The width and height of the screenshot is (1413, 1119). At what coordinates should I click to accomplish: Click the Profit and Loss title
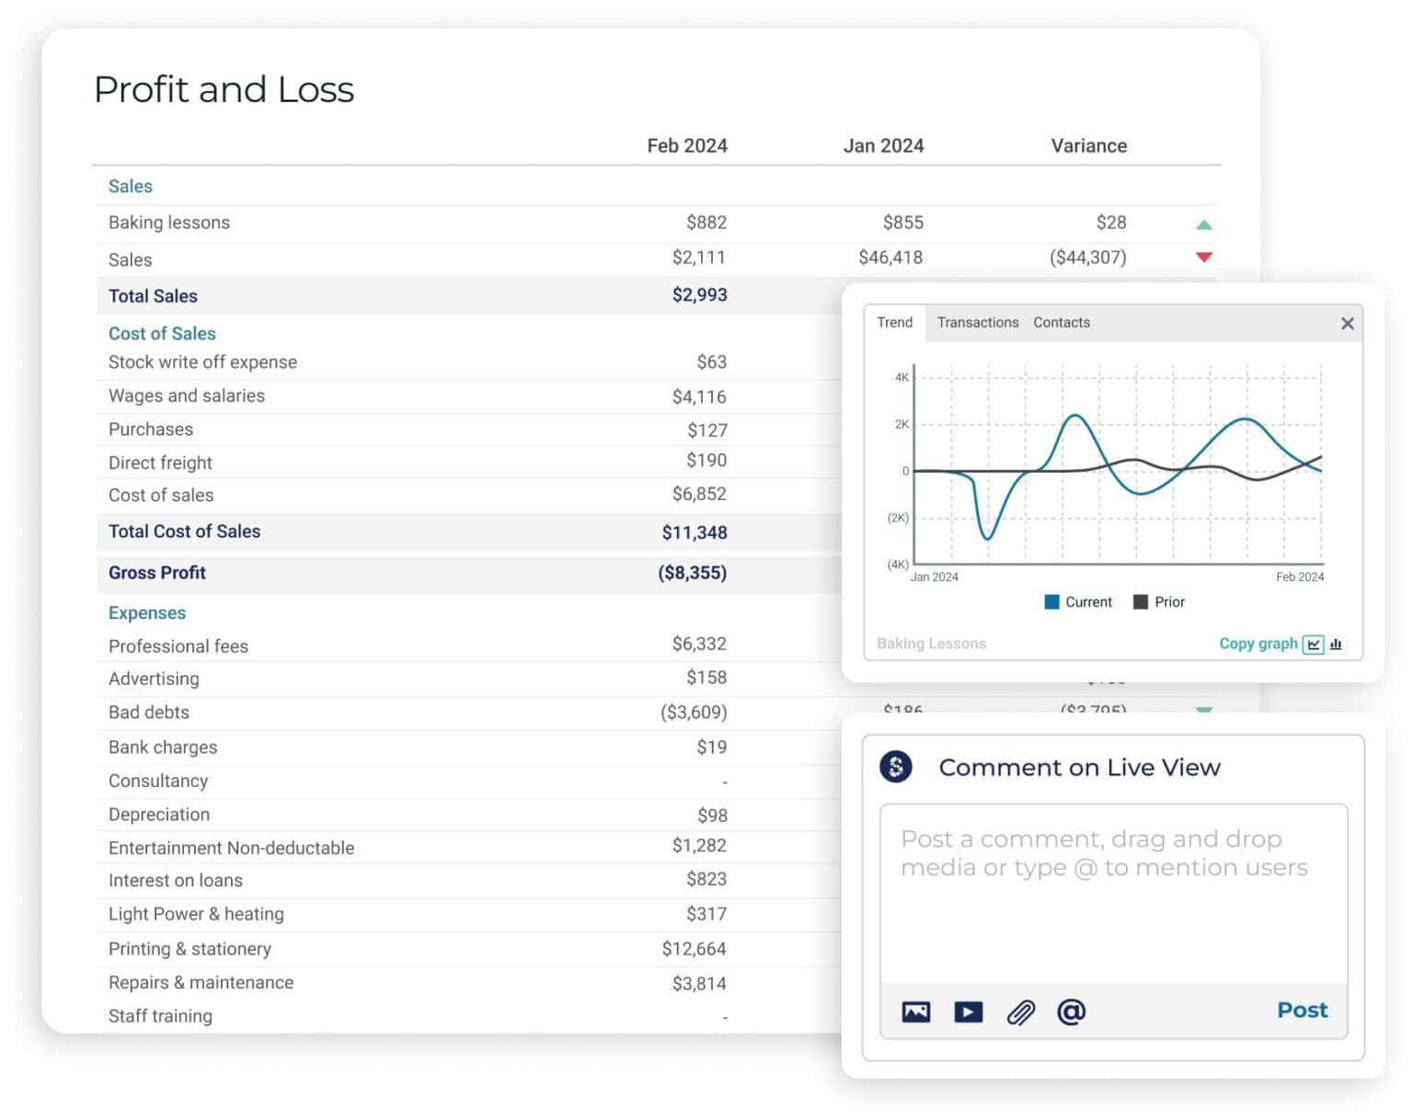pyautogui.click(x=224, y=90)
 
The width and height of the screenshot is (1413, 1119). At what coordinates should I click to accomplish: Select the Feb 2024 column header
pyautogui.click(x=686, y=145)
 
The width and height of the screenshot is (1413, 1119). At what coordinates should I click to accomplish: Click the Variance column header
pyautogui.click(x=1088, y=145)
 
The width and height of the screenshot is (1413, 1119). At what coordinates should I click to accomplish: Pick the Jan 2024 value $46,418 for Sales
pyautogui.click(x=890, y=257)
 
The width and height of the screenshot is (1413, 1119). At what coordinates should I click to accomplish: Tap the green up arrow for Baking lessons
pyautogui.click(x=1203, y=224)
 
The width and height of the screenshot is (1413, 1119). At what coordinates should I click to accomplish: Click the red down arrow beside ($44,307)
pyautogui.click(x=1203, y=257)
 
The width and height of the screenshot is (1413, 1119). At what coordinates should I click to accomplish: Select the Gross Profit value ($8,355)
pyautogui.click(x=692, y=573)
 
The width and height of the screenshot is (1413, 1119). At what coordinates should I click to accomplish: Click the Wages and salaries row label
pyautogui.click(x=187, y=395)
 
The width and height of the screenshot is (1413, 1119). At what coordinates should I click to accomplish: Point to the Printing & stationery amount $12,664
pyautogui.click(x=694, y=949)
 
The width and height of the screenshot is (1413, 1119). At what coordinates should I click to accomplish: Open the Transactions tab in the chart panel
pyautogui.click(x=977, y=323)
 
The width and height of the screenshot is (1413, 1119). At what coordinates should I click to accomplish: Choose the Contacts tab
pyautogui.click(x=1061, y=323)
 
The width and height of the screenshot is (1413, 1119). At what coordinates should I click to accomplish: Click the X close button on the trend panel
pyautogui.click(x=1347, y=324)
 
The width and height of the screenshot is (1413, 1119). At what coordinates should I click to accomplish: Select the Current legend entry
pyautogui.click(x=1078, y=602)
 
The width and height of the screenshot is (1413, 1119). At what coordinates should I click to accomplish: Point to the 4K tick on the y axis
pyautogui.click(x=902, y=377)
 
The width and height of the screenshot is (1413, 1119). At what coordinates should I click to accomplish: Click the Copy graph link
pyautogui.click(x=1258, y=644)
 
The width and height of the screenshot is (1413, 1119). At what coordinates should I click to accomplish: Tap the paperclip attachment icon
pyautogui.click(x=1020, y=1012)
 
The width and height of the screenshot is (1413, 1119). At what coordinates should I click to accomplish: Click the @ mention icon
pyautogui.click(x=1071, y=1012)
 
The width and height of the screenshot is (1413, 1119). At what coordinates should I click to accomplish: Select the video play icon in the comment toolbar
pyautogui.click(x=968, y=1012)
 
